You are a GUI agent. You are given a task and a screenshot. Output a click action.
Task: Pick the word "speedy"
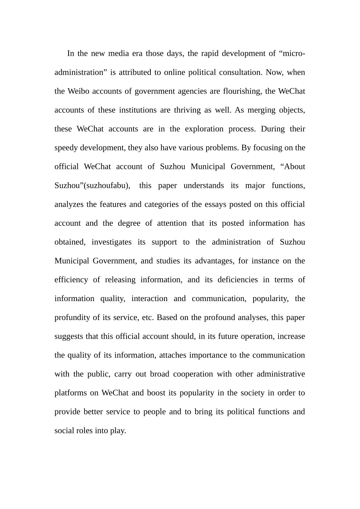click(x=66, y=148)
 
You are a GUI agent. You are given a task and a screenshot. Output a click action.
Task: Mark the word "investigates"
click(x=111, y=242)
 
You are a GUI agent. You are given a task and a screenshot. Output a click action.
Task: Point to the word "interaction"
click(x=149, y=299)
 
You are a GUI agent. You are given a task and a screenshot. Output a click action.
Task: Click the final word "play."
click(x=118, y=431)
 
